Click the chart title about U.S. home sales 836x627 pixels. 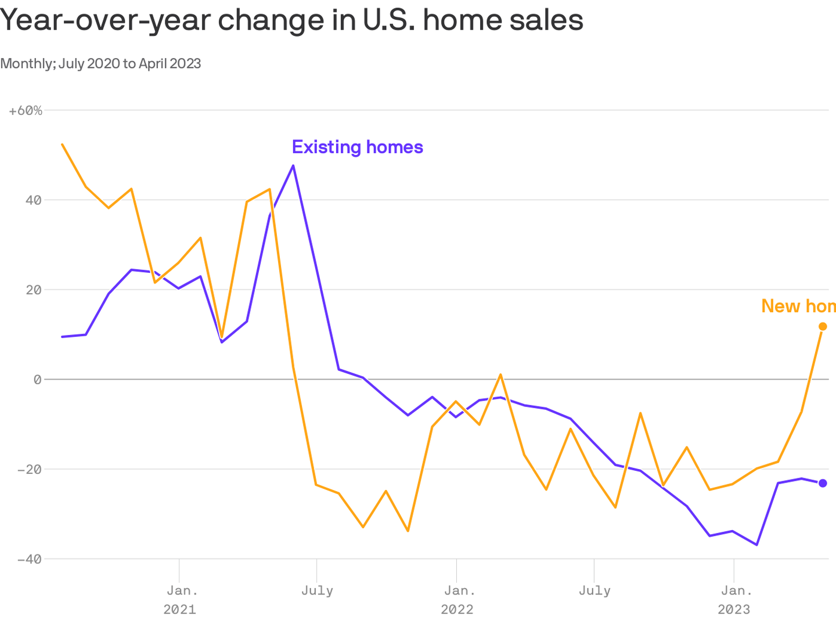pos(291,21)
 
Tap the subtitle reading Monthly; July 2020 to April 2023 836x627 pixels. pos(100,63)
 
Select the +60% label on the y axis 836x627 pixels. pos(26,110)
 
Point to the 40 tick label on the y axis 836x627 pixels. pos(34,200)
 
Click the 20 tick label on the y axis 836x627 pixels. pos(34,290)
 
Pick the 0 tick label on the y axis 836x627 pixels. pos(38,380)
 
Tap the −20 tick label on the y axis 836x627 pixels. pos(30,469)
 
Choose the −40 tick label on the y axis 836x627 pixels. pos(30,559)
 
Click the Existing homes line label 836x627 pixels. pos(357,147)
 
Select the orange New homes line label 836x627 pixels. pos(798,306)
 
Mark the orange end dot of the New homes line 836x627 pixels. pos(823,326)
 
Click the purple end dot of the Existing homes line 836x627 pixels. pos(823,483)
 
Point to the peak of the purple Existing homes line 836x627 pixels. pos(293,165)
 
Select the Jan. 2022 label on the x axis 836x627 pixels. pos(459,600)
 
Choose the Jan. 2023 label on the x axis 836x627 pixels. pos(736,600)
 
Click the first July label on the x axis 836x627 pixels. pos(317,591)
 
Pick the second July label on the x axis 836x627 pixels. pos(594,591)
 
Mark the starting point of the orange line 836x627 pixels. pos(62,144)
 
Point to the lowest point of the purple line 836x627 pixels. pos(756,545)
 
